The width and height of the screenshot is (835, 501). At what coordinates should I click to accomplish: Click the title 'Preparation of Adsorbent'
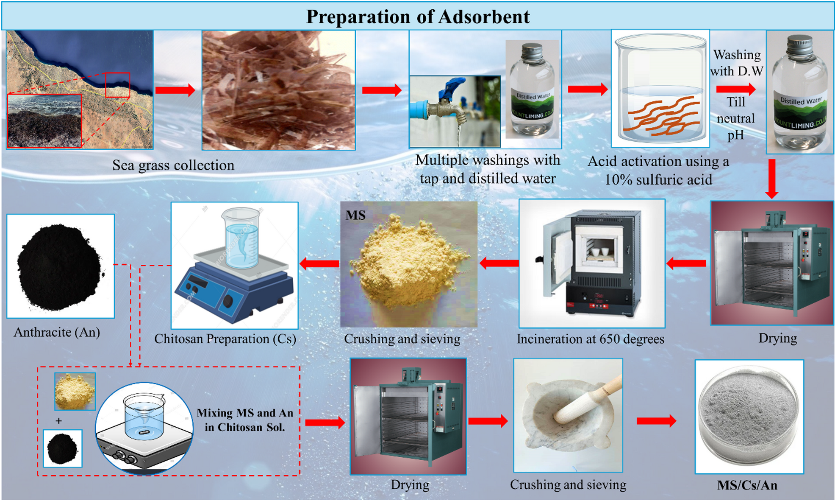[418, 17]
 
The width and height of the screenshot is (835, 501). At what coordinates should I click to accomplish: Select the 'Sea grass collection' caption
[173, 165]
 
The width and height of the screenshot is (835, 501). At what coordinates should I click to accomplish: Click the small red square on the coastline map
[117, 85]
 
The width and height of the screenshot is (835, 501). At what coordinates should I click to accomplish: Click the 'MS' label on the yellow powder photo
[355, 215]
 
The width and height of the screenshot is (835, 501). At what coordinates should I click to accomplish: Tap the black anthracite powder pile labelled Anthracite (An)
[59, 266]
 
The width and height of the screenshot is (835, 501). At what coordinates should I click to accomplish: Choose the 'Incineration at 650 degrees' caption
[591, 339]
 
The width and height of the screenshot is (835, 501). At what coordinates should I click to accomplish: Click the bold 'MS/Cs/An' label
[747, 485]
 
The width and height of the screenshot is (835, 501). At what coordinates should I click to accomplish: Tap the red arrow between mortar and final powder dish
[657, 421]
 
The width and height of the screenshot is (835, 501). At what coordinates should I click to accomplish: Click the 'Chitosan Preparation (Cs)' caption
[225, 339]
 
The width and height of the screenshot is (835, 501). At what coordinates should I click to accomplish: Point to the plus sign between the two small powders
[58, 421]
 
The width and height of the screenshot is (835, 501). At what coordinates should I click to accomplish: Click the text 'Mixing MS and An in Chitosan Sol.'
[245, 420]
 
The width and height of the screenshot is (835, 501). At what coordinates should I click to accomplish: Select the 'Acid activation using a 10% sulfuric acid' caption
[658, 171]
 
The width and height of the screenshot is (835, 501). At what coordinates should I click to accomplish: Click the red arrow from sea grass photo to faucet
[382, 90]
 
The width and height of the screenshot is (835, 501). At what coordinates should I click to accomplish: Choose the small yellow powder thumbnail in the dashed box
[75, 391]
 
